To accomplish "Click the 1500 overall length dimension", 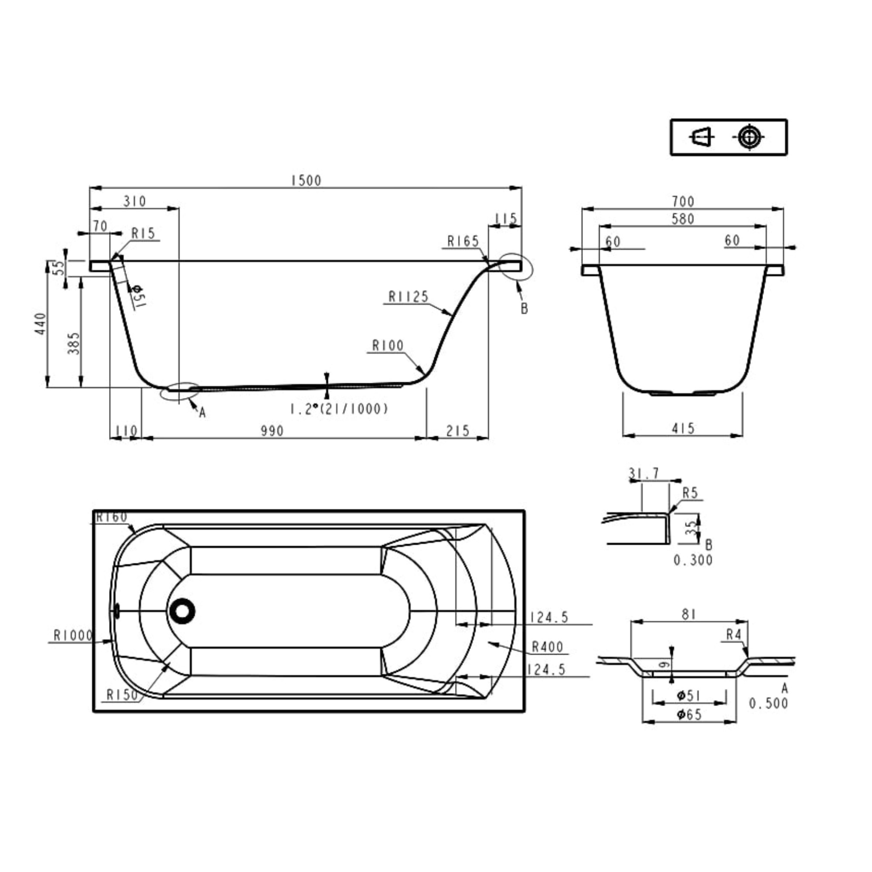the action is point(306,181).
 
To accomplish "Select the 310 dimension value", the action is point(134,201).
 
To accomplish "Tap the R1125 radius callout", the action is point(409,296).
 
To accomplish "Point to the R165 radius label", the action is point(463,242).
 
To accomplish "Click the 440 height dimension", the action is point(41,324).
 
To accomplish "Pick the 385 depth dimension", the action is point(74,343).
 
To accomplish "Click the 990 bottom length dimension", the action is point(272,431).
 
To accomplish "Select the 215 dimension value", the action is point(458,431).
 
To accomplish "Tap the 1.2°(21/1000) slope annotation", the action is point(339,409).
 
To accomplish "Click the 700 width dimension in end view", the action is point(683,201).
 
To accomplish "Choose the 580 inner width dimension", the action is point(683,219).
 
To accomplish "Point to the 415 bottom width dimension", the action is point(683,428).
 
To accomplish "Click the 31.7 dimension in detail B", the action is point(644,473).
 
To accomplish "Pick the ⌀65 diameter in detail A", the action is point(689,715).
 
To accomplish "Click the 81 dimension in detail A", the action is point(689,614).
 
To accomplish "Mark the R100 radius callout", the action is point(388,346).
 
